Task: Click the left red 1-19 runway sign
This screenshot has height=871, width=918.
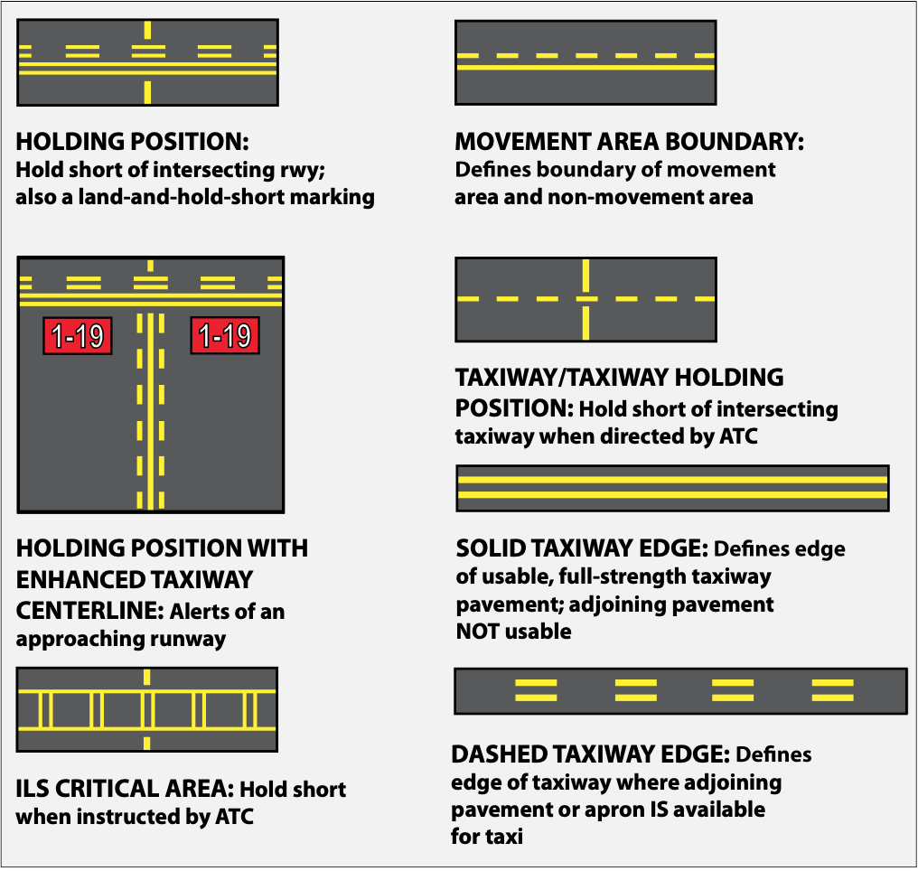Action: point(77,336)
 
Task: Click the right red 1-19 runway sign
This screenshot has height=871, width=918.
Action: point(224,336)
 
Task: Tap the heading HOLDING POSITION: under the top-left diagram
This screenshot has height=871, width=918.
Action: point(132,142)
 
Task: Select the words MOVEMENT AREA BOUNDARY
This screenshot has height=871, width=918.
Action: point(629,142)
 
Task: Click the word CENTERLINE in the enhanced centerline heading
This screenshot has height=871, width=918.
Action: point(88,611)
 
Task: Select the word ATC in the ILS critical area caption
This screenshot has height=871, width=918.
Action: point(231,817)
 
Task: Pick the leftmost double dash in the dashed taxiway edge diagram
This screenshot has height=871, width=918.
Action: point(536,691)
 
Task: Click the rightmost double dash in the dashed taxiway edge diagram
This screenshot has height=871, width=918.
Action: point(832,691)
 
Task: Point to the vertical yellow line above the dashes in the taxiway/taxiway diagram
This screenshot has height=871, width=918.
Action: point(586,274)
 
